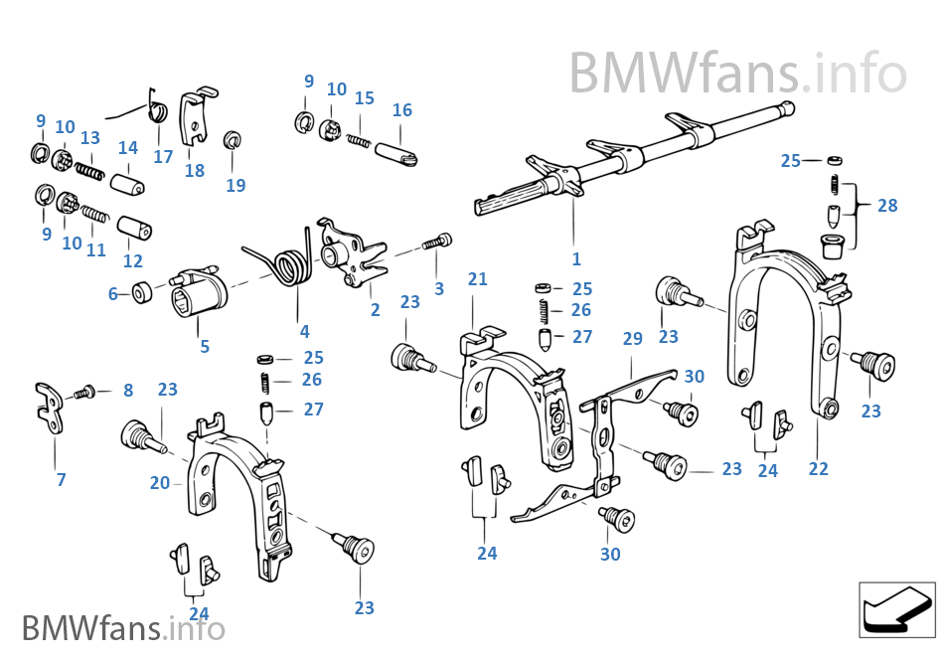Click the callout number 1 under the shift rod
(576, 259)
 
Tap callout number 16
(401, 110)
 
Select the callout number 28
(887, 206)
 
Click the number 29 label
(632, 339)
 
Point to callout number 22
(818, 468)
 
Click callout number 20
(160, 483)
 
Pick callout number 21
(478, 279)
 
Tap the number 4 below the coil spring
(304, 332)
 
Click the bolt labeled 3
(438, 241)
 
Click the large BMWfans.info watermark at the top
(737, 72)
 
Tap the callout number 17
(163, 156)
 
